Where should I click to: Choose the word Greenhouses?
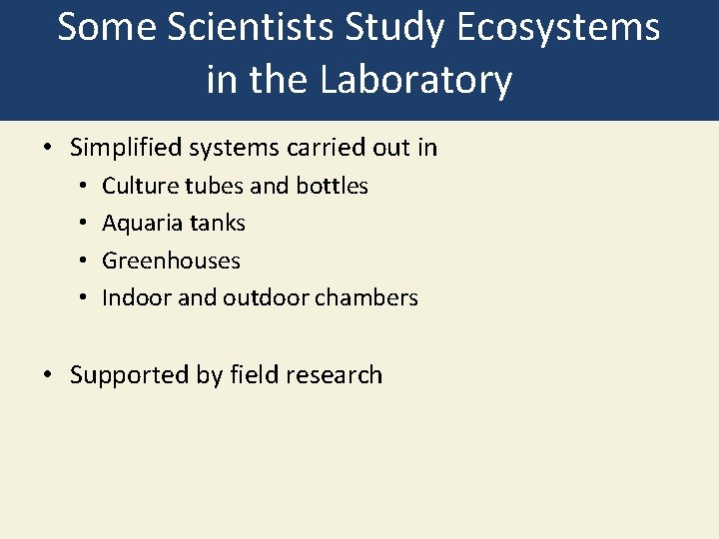(171, 261)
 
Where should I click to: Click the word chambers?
(370, 297)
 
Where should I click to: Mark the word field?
(255, 375)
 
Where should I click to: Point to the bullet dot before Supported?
(48, 375)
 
